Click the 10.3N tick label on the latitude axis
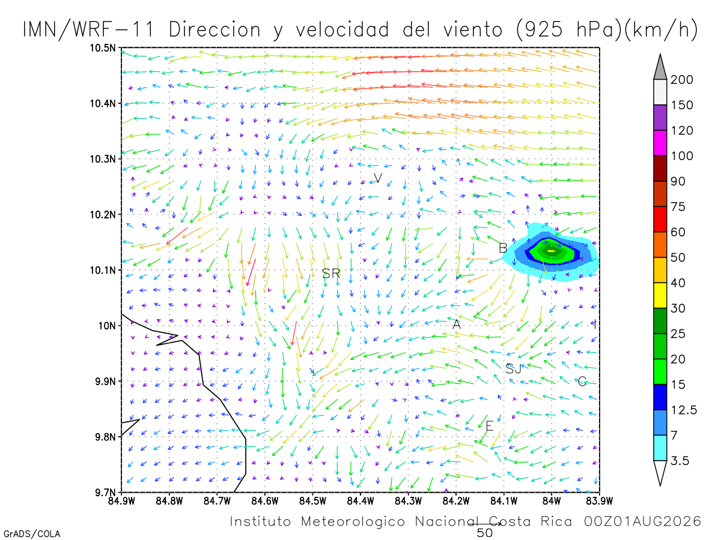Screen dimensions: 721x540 pyautogui.click(x=103, y=160)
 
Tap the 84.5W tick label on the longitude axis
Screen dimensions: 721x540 pyautogui.click(x=312, y=501)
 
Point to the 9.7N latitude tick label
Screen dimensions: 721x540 pyautogui.click(x=105, y=493)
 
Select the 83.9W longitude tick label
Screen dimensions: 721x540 pyautogui.click(x=600, y=501)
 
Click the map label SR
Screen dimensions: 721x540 pyautogui.click(x=331, y=274)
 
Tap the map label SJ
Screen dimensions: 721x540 pyautogui.click(x=513, y=369)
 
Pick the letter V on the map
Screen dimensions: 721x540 pyautogui.click(x=378, y=178)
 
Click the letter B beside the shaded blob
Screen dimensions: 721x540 pyautogui.click(x=503, y=248)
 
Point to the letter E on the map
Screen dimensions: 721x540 pyautogui.click(x=490, y=426)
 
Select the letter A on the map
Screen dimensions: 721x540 pyautogui.click(x=457, y=324)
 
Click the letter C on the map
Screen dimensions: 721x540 pyautogui.click(x=582, y=381)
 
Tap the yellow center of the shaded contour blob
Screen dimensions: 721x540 pyautogui.click(x=552, y=251)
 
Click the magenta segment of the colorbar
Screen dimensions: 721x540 pyautogui.click(x=660, y=143)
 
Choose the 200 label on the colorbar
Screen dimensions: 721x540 pyautogui.click(x=682, y=80)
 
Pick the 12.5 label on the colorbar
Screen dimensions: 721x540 pyautogui.click(x=684, y=410)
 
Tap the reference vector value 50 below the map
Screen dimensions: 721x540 pyautogui.click(x=485, y=533)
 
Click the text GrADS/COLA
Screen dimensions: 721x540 pyautogui.click(x=32, y=534)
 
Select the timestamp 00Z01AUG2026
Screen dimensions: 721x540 pyautogui.click(x=642, y=521)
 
